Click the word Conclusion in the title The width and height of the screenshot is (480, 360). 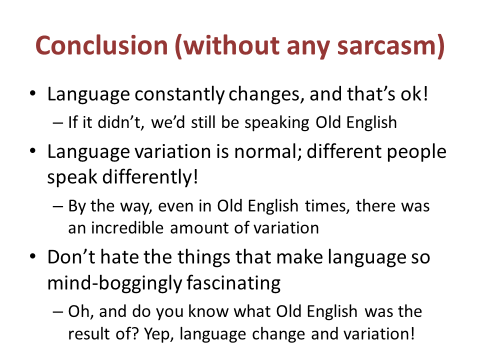coord(101,45)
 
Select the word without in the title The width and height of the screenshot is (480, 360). coord(232,45)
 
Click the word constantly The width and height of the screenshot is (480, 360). coord(179,94)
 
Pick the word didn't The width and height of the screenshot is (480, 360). coord(121,122)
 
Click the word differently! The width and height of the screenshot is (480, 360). coord(150,177)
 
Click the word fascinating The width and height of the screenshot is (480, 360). coord(233,283)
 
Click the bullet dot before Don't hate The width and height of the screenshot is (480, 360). coord(33,256)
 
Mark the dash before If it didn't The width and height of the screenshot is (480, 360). coord(57,123)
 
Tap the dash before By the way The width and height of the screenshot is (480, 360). coord(57,206)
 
